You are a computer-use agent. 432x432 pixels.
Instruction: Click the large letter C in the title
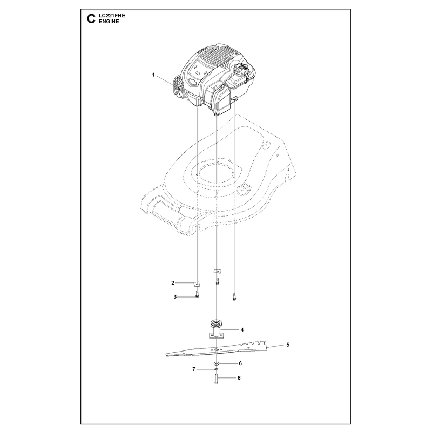pos(91,19)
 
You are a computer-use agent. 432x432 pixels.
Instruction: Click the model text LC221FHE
pos(112,16)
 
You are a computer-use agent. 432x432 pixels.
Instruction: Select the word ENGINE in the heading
pos(109,22)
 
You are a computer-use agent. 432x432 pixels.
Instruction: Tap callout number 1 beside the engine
pos(153,75)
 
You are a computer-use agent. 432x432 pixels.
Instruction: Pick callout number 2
pos(173,282)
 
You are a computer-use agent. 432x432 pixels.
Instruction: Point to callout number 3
pos(175,296)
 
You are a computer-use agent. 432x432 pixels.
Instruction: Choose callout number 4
pos(242,329)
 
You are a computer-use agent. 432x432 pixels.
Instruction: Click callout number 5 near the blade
pos(288,345)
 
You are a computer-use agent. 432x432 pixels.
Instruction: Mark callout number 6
pos(240,363)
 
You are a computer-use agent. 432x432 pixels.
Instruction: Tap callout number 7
pos(194,369)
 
